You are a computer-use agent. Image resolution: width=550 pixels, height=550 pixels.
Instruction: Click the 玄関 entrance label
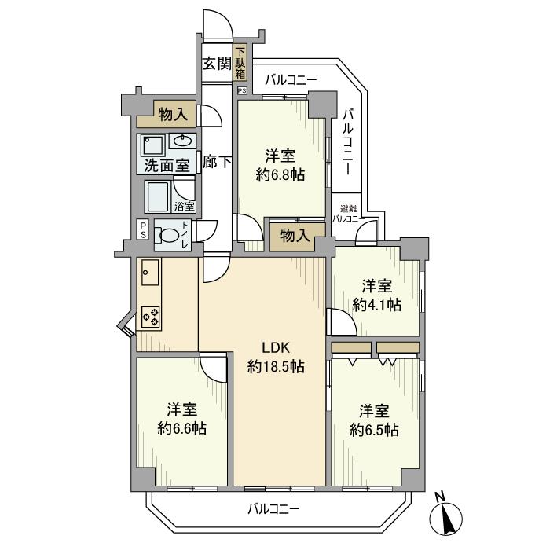[218, 64]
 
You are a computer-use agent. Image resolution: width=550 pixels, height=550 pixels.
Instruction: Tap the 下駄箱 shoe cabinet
[240, 62]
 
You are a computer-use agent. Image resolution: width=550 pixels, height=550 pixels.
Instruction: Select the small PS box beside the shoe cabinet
[242, 90]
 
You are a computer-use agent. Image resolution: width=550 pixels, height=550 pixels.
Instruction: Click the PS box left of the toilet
[143, 229]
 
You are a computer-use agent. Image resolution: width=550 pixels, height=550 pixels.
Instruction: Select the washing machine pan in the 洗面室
[153, 145]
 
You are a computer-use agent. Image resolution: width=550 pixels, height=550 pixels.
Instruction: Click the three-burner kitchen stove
[151, 317]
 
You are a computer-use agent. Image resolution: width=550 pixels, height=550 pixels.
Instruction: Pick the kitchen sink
[150, 272]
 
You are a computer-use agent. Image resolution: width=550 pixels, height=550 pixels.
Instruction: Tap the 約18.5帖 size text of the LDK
[276, 367]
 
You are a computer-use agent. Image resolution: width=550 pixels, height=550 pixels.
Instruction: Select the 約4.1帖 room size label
[377, 305]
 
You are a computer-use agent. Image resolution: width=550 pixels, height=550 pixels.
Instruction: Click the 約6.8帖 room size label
[280, 174]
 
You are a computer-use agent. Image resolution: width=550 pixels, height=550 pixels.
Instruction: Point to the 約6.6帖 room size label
[181, 428]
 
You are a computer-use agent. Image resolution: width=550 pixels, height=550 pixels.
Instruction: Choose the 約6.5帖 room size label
[374, 430]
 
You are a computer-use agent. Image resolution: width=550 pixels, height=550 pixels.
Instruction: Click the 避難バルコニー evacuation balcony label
[348, 214]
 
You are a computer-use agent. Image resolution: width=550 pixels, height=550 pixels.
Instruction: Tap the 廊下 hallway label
[217, 162]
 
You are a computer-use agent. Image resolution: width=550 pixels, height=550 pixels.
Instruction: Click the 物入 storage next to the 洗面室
[167, 114]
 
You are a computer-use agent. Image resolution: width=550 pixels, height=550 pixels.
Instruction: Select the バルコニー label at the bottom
[273, 509]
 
